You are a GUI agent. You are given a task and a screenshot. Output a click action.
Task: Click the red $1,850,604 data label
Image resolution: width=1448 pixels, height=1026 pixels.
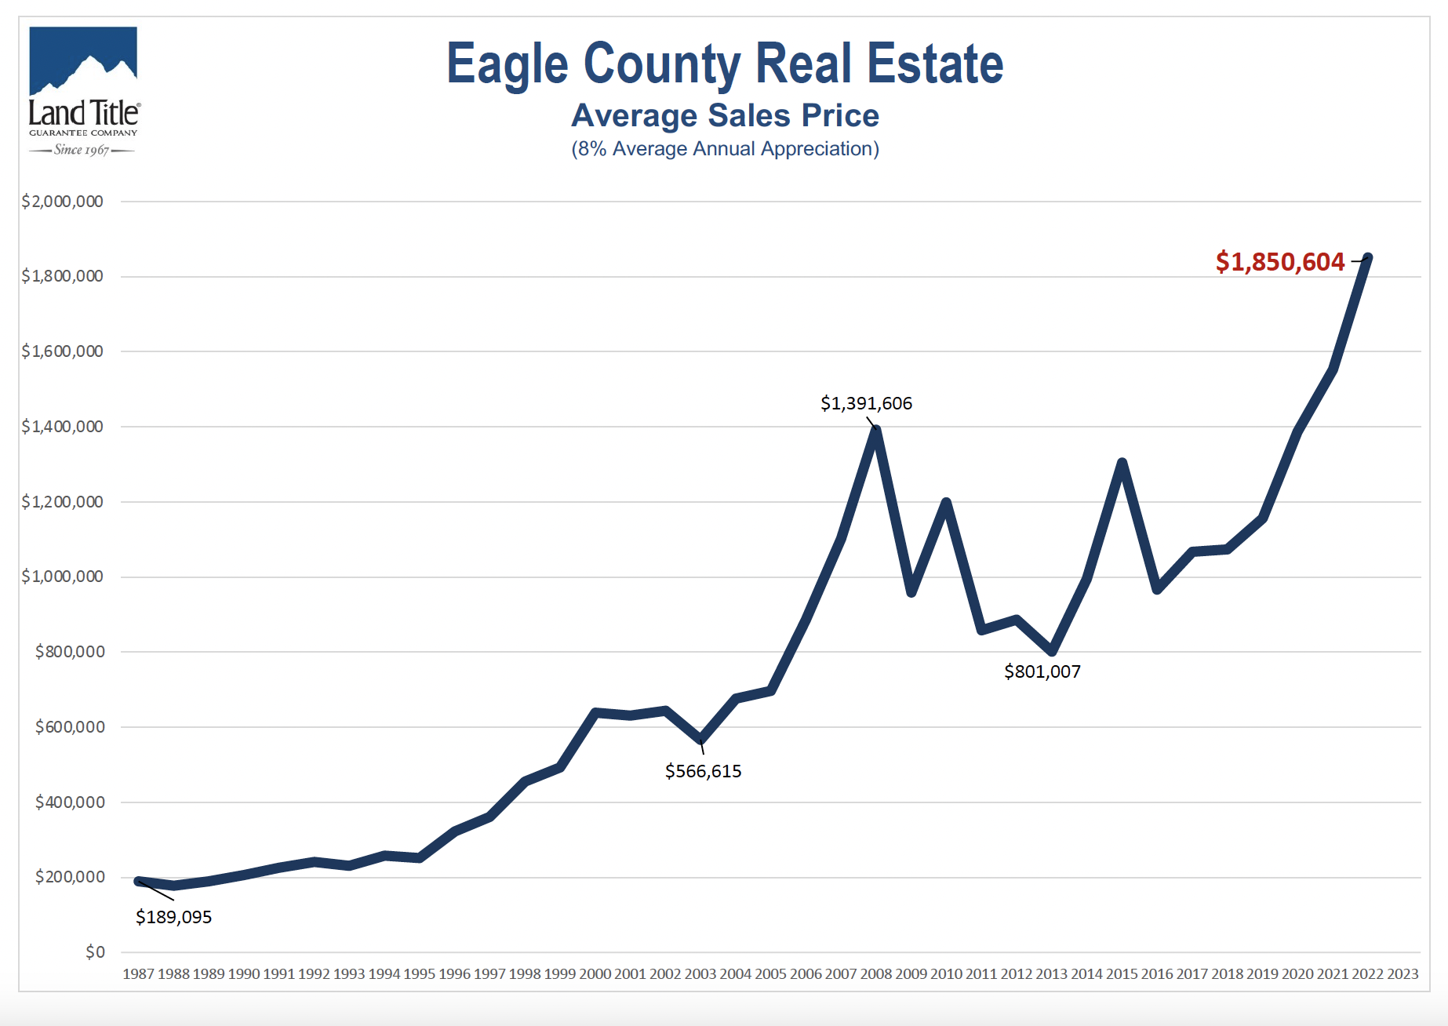pos(1279,262)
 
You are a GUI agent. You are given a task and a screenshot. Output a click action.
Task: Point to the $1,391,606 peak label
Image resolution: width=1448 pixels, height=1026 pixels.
pos(866,403)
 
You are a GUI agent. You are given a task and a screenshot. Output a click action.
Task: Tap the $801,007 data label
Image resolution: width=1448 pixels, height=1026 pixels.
pos(1042,671)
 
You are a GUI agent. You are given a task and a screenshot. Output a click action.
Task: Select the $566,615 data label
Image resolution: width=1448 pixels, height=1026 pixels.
pos(703,771)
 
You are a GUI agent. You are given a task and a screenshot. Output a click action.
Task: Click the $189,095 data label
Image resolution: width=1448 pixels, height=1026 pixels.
pos(173,917)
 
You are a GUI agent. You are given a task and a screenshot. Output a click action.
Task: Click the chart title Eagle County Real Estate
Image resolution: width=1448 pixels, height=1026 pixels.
pos(724,64)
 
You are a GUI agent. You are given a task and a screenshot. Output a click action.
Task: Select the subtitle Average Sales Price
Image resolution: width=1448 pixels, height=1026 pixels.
pos(724,116)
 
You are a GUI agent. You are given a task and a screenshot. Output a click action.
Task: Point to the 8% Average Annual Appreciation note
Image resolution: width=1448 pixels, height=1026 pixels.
pos(724,149)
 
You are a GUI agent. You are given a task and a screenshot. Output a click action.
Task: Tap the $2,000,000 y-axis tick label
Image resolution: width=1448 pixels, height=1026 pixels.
pos(63,202)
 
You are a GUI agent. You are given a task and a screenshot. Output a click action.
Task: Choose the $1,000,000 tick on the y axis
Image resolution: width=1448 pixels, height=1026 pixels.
pos(63,577)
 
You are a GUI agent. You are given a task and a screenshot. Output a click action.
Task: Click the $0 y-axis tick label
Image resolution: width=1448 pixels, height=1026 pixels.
pos(95,952)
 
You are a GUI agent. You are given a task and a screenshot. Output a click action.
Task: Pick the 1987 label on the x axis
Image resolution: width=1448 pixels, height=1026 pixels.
pos(138,974)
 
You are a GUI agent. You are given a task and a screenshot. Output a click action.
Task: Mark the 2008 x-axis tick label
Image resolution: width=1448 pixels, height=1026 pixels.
pos(875,974)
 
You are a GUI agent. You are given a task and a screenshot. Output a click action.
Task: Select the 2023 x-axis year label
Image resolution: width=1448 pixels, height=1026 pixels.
pos(1403,974)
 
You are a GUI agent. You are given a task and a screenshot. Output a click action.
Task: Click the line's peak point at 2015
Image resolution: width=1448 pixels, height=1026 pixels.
pos(1122,463)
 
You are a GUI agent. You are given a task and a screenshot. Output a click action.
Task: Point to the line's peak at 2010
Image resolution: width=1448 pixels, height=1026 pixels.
pos(946,502)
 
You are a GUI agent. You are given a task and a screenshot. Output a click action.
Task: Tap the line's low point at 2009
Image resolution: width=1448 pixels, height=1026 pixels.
pos(911,592)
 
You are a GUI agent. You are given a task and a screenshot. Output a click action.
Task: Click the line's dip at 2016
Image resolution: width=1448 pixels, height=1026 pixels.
pos(1157,588)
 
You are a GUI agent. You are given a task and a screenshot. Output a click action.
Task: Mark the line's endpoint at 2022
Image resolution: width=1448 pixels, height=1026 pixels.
pos(1367,257)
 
